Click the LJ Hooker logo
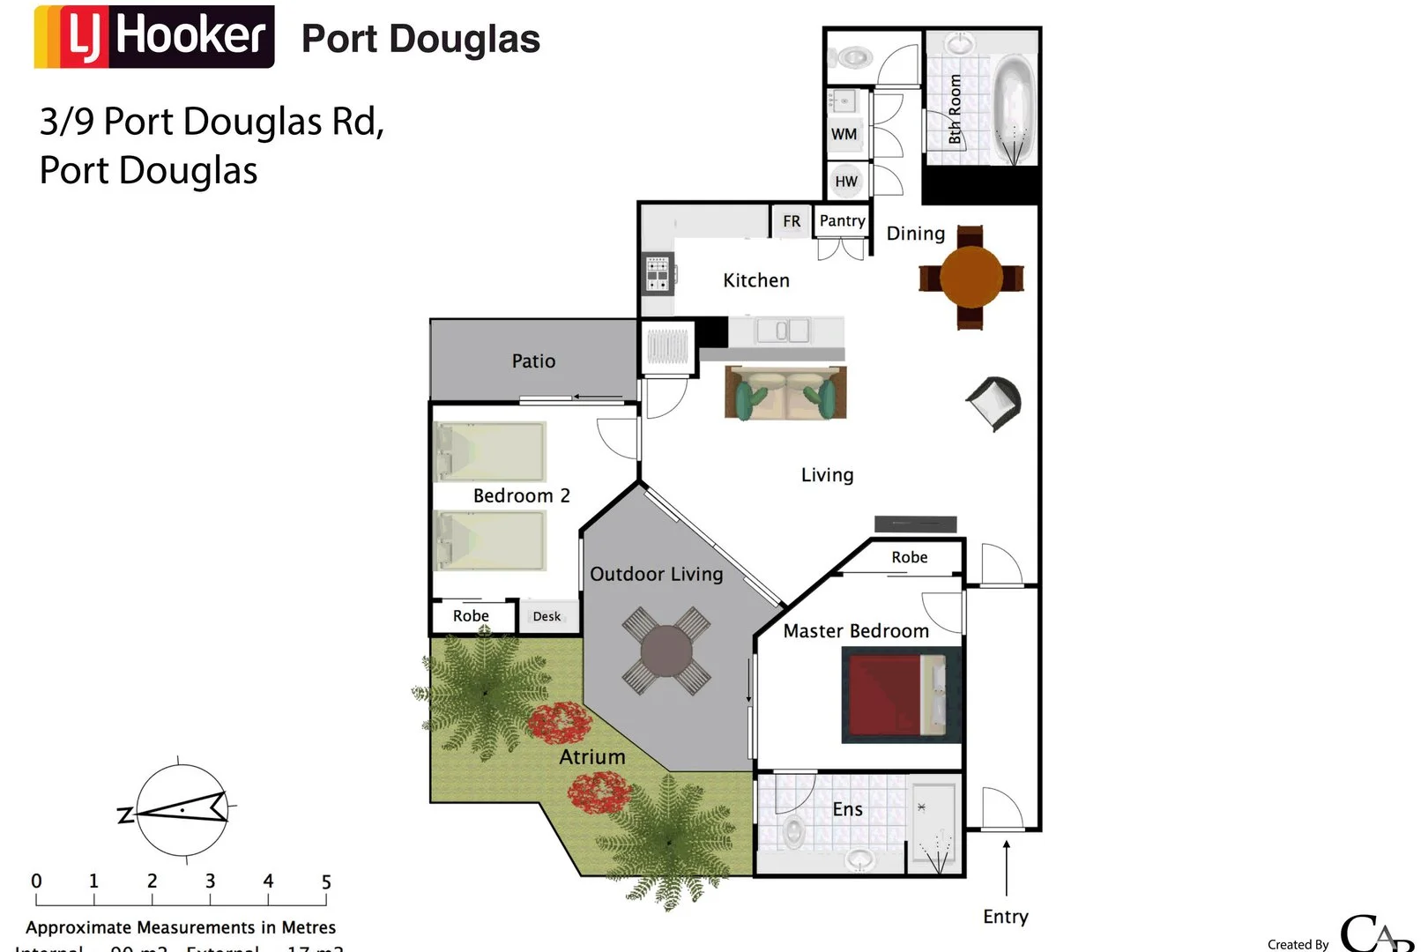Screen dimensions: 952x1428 [x=154, y=37]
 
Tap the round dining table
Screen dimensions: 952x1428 [x=971, y=277]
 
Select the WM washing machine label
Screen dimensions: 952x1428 [x=844, y=134]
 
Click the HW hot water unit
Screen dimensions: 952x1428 [x=845, y=181]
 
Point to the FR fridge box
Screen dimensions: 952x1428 [x=792, y=221]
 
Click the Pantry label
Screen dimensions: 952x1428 [x=842, y=220]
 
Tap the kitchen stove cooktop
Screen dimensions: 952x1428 [x=658, y=274]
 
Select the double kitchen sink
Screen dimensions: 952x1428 [x=781, y=331]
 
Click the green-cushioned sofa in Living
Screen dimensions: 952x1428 [x=785, y=393]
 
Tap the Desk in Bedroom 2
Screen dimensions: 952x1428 [x=547, y=616]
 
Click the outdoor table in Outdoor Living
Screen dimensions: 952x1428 [x=666, y=651]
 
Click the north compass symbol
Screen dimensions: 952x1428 [x=182, y=809]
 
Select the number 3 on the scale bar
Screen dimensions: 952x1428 [x=210, y=881]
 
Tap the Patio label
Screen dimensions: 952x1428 [x=533, y=361]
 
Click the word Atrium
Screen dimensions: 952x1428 [x=592, y=757]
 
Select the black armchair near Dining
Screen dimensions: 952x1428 [x=995, y=402]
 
